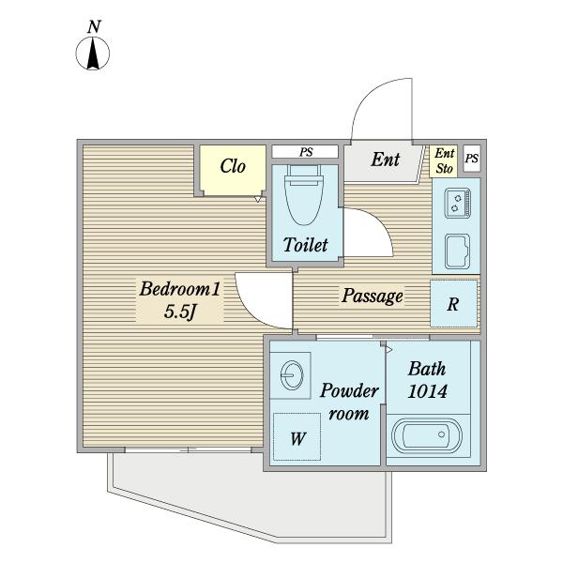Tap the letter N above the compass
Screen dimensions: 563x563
pos(93,28)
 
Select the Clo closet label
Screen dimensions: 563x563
pos(233,167)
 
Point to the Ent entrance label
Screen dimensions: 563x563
pos(385,160)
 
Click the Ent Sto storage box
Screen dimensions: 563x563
pos(445,161)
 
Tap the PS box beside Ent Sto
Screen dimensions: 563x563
pos(471,159)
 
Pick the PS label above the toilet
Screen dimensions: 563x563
pos(306,151)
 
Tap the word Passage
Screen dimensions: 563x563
pos(372,296)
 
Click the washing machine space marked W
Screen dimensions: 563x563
pos(297,436)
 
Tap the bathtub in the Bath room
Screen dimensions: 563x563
pos(426,438)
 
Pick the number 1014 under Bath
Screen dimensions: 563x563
pos(426,391)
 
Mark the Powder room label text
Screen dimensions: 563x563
pos(349,402)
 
